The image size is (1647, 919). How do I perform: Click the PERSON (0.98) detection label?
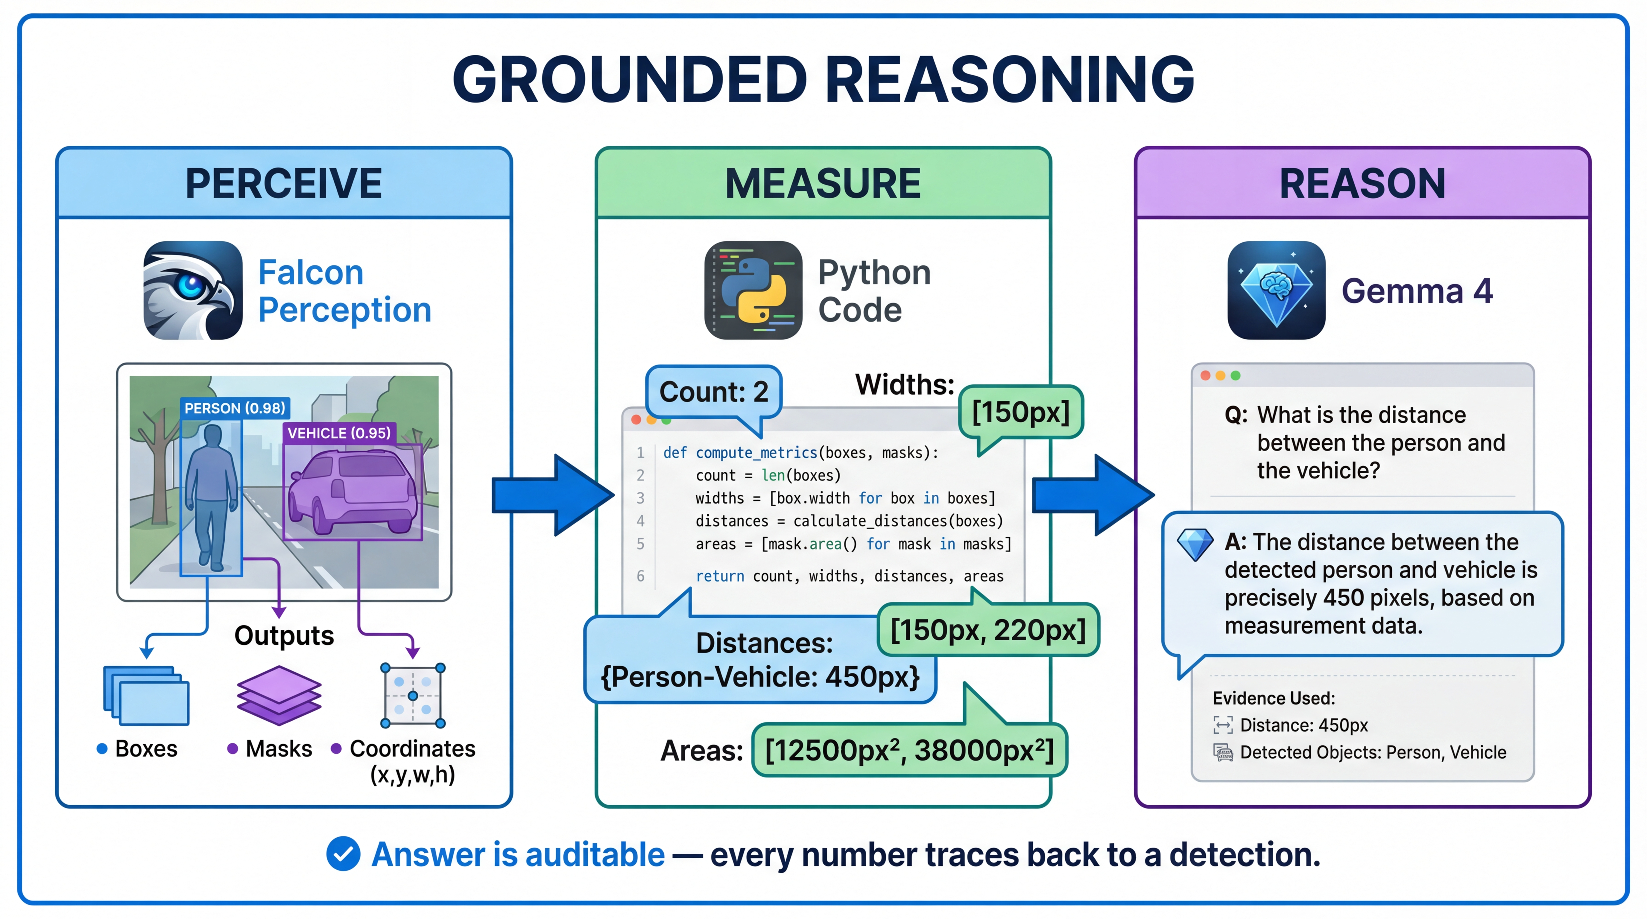point(235,408)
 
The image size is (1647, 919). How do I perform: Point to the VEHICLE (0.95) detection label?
point(339,433)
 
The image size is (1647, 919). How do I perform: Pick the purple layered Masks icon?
point(279,695)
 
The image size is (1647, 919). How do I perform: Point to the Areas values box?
point(909,750)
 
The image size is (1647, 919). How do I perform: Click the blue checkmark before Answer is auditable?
point(343,854)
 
